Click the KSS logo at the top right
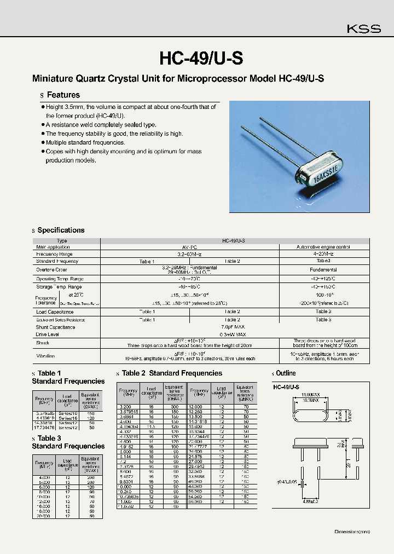363,29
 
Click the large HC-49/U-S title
201,57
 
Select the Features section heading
63,95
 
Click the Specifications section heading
61,230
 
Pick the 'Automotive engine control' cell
323,247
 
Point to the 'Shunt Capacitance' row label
56,327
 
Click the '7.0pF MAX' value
232,327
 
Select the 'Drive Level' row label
48,334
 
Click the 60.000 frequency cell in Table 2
195,501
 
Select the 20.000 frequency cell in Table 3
43,516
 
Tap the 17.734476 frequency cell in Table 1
44,428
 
